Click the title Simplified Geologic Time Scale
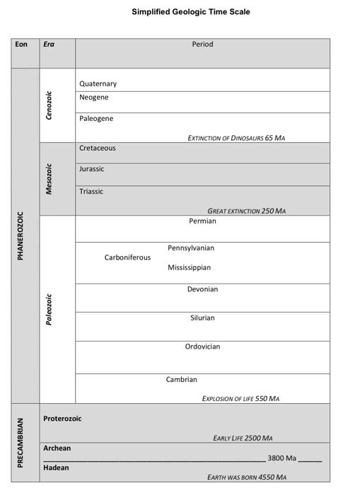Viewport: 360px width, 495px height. [190, 11]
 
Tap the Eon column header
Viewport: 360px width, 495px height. [21, 44]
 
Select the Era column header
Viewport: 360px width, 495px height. [49, 44]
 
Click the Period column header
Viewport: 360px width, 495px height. [202, 44]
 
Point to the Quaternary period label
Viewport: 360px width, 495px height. [98, 83]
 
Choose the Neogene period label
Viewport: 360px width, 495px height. [93, 97]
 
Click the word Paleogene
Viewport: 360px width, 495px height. [96, 118]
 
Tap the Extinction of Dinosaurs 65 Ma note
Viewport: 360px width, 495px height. [236, 138]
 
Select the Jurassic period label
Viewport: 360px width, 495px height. [91, 169]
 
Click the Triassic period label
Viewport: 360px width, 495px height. [91, 191]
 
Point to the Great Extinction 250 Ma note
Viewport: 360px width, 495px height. [246, 211]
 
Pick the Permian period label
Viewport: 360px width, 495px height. [202, 221]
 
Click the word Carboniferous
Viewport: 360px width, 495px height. [127, 257]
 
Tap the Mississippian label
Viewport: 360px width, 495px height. [189, 267]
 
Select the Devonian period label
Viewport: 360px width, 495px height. [202, 289]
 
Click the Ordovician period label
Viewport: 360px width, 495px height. [202, 346]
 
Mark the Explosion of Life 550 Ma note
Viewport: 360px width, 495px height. [240, 398]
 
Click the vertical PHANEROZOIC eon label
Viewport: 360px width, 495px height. [21, 235]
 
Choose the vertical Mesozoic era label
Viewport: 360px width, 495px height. [49, 179]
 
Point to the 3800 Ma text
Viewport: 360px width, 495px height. [281, 458]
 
